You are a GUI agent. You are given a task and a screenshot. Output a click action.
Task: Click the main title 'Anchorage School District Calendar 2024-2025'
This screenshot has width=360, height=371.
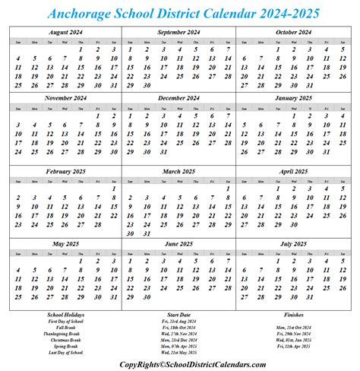[x=179, y=13]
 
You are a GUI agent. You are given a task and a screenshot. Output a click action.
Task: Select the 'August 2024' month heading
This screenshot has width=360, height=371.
[x=65, y=33]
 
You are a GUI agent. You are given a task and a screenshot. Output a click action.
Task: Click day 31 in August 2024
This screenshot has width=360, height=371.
[x=114, y=86]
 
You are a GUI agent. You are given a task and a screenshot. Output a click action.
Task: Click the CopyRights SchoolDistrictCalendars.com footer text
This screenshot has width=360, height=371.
[x=179, y=364]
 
